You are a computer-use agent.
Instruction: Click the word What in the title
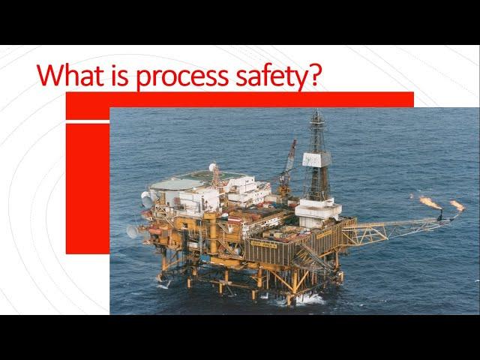[x=70, y=75]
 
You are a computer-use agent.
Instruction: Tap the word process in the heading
[x=181, y=78]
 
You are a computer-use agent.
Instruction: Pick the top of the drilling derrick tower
[x=317, y=111]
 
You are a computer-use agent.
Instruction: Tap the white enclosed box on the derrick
[x=316, y=159]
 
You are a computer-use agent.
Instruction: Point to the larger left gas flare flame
[x=430, y=202]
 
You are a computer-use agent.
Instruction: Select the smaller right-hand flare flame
[x=457, y=205]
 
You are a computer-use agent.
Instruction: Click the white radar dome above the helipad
[x=212, y=167]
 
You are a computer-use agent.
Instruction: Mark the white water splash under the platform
[x=309, y=299]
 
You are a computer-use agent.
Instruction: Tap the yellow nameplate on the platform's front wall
[x=263, y=244]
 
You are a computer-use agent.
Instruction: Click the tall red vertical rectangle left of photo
[x=88, y=188]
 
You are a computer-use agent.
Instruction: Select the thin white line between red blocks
[x=88, y=121]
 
